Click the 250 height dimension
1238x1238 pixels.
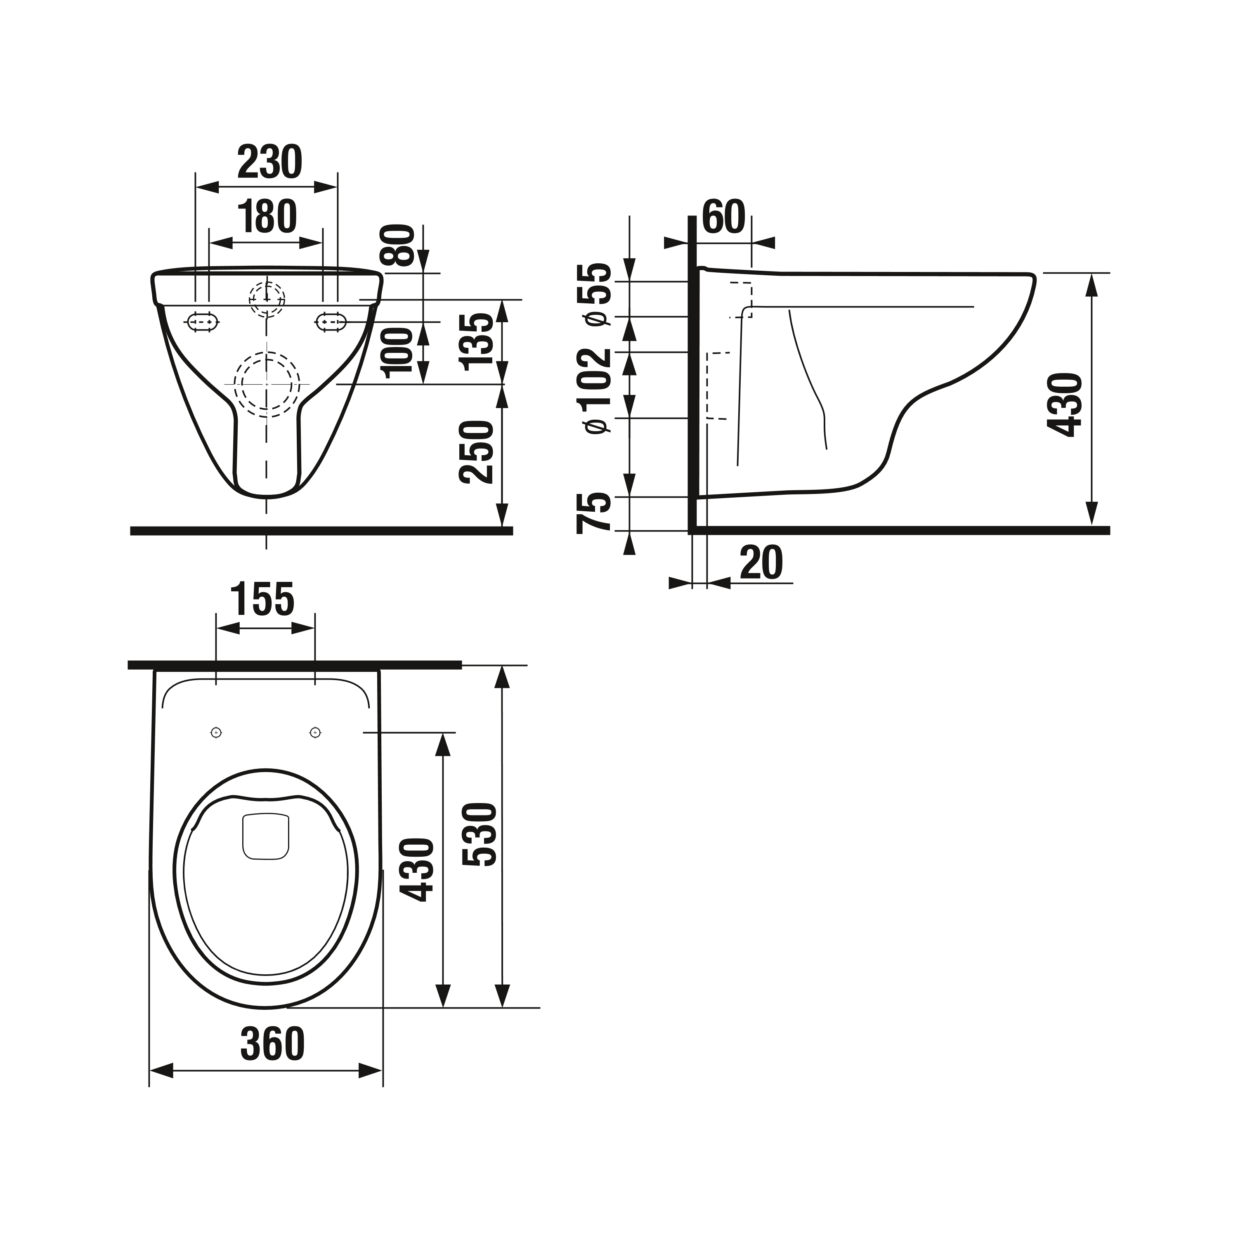point(478,452)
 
